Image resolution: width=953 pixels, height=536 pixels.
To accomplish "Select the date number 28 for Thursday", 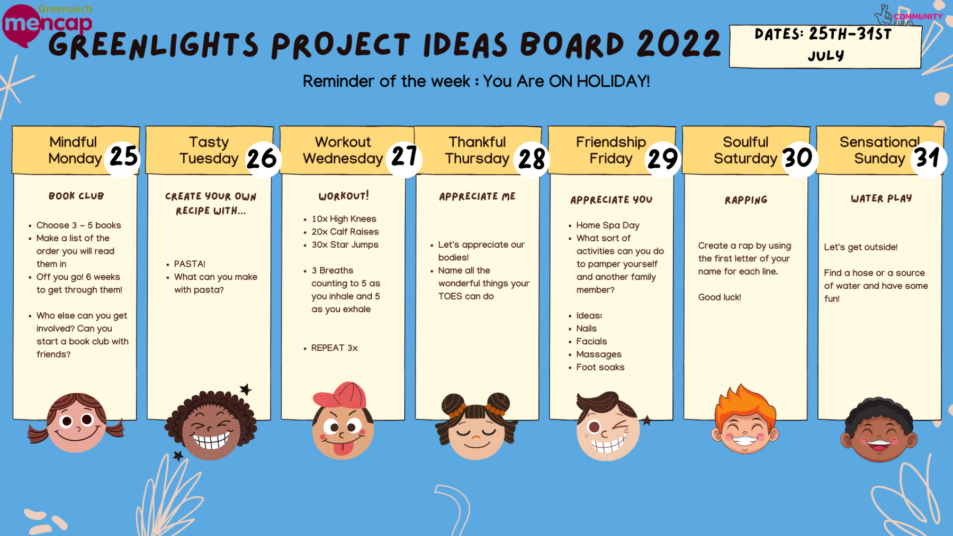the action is point(532,158).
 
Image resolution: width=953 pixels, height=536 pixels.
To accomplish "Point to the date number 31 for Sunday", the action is point(928,157).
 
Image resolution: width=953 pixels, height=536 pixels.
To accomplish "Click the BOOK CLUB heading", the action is point(76,196).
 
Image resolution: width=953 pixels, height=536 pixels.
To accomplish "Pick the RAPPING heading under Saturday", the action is point(746,200).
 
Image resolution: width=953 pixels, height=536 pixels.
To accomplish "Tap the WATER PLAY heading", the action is point(881,198).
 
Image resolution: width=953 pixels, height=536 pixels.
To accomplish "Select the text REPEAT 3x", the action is point(334,348).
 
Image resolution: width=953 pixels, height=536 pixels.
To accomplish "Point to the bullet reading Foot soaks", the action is point(600,367).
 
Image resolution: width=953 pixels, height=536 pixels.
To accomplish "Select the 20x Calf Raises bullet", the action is point(345,232).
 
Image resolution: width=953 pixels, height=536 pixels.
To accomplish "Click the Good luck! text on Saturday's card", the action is point(719,297).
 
